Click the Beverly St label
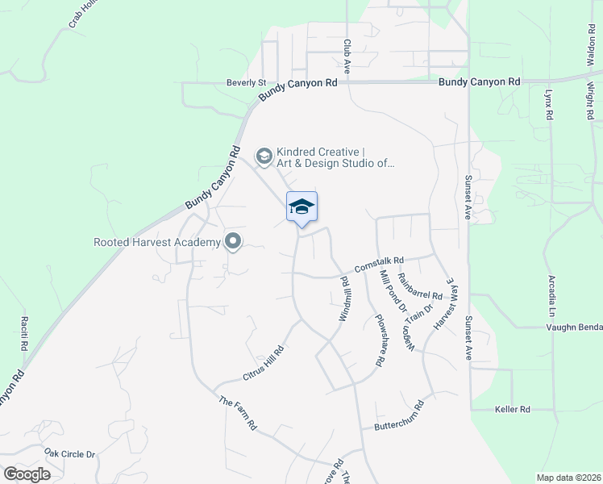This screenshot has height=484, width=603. coord(246,82)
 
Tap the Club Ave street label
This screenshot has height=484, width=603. coord(347,57)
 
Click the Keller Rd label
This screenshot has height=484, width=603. coord(513,409)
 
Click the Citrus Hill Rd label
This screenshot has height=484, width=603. coord(264,364)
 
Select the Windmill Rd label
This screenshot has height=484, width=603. coord(343,300)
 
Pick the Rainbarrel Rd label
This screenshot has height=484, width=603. coord(421,288)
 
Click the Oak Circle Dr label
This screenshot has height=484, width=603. coord(69,454)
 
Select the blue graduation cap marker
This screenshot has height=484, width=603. coord(301,208)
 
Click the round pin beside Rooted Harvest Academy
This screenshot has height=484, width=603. coord(233,241)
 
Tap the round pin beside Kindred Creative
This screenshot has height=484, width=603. coord(264,155)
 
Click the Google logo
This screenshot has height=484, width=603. coord(27,474)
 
